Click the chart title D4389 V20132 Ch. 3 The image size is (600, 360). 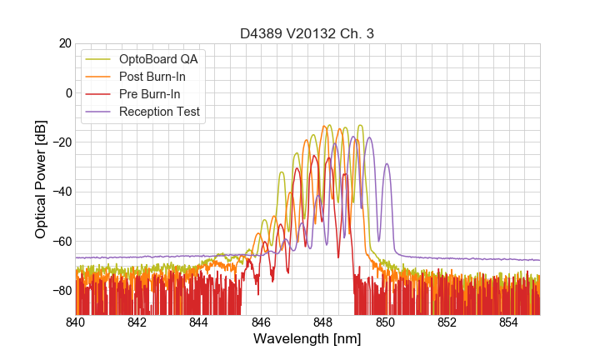tap(307, 33)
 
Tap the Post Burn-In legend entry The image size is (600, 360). tap(159, 77)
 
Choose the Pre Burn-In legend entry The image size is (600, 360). tap(156, 94)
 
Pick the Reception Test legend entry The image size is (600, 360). tap(164, 112)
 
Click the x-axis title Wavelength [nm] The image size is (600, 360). tap(307, 339)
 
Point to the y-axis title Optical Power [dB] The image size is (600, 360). tap(40, 179)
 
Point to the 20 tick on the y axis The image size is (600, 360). tap(64, 43)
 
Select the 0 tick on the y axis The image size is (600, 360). tap(67, 92)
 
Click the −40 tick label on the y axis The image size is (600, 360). tap(60, 192)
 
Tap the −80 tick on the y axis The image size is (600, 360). tap(60, 291)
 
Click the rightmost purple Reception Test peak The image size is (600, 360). tap(387, 164)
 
